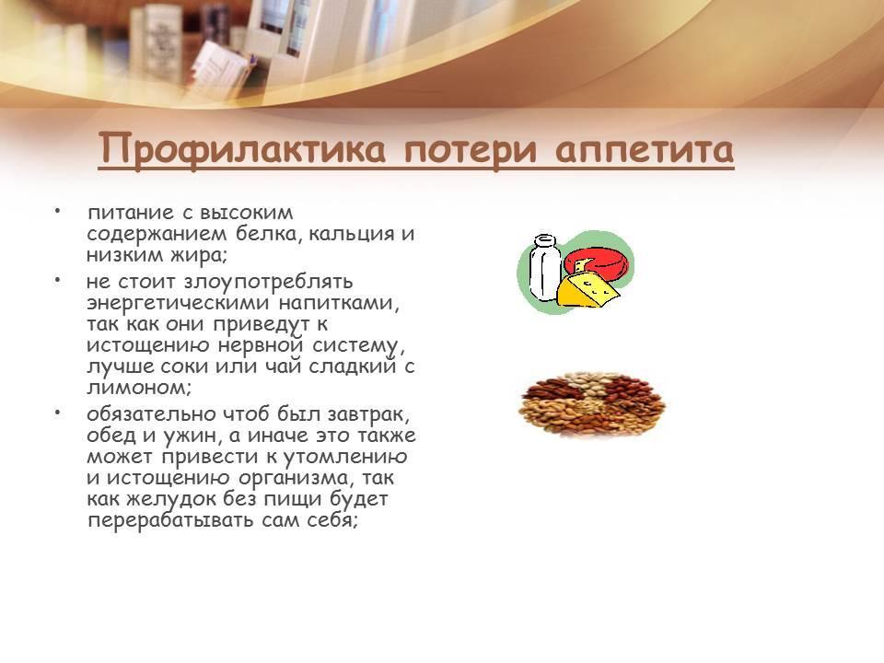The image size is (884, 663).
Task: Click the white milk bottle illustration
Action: (x=544, y=268)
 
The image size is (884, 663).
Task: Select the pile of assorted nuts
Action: (x=591, y=402)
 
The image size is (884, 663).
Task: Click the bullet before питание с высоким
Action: (x=57, y=211)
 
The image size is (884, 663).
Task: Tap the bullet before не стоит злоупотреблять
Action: (x=57, y=279)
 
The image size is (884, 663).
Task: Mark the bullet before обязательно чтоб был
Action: (x=57, y=413)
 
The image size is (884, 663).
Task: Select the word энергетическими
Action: (x=178, y=303)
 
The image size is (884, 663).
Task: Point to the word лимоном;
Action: (x=140, y=388)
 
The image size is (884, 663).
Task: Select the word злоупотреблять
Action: (x=268, y=282)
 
